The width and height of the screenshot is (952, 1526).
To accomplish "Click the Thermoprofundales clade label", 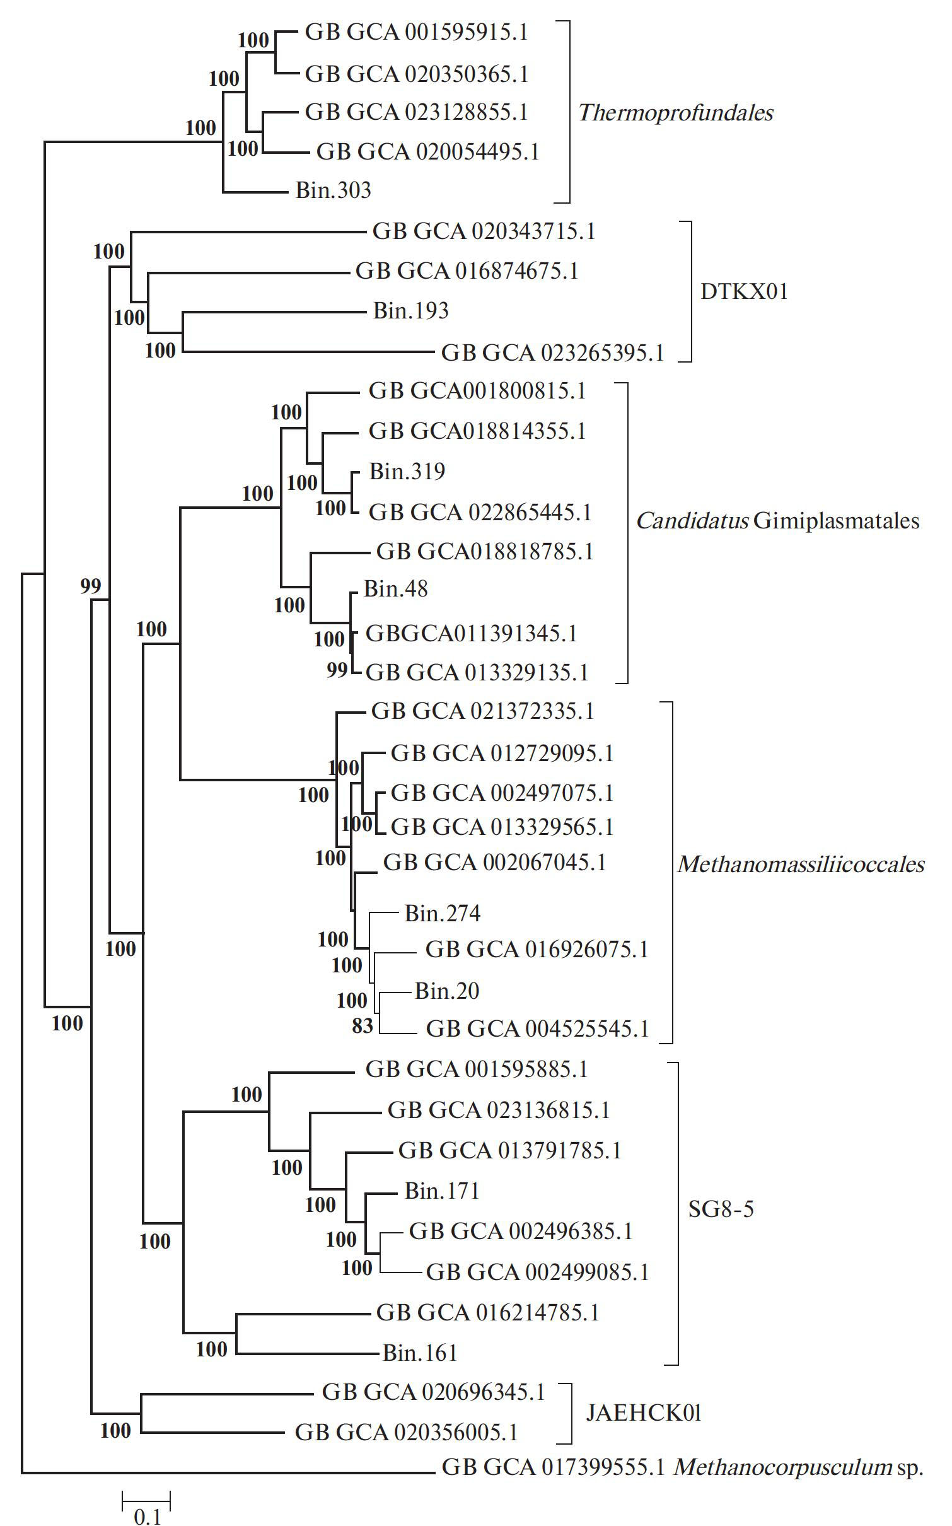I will click(675, 113).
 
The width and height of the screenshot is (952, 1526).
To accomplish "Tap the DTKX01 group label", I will click(744, 291).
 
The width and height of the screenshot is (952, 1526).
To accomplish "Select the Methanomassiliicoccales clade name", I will click(801, 864).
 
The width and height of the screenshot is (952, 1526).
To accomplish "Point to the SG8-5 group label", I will click(721, 1209).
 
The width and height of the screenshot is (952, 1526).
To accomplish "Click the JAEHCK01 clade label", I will click(644, 1413).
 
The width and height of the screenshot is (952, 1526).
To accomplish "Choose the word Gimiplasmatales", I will click(836, 521).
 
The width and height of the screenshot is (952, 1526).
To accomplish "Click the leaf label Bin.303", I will click(334, 190).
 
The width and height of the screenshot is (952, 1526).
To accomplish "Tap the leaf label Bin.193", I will click(410, 311).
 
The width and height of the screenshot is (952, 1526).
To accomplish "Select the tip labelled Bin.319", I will click(407, 472).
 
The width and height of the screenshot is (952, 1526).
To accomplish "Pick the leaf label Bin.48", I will click(396, 589).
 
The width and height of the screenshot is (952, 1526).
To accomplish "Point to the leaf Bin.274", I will click(442, 914).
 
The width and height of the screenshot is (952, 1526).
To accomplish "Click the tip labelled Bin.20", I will click(447, 991).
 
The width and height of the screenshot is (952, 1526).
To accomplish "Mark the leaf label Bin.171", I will click(442, 1191).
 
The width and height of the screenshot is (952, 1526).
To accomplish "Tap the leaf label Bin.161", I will click(420, 1353).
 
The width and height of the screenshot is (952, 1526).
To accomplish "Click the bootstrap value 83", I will click(363, 1027).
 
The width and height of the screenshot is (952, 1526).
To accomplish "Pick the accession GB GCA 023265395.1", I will click(552, 352).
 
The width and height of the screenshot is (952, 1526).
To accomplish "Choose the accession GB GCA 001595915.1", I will click(416, 33).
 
